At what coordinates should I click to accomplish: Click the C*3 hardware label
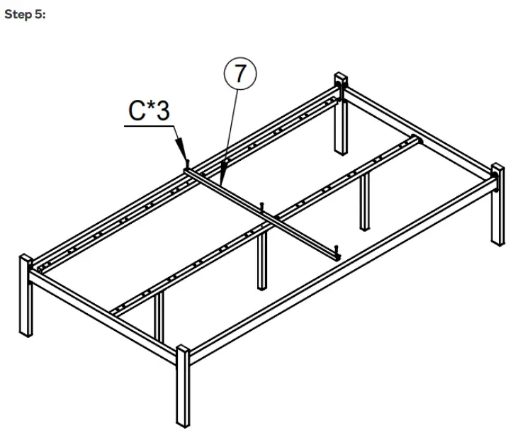coord(149,111)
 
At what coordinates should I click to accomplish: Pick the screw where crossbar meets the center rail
coord(263,207)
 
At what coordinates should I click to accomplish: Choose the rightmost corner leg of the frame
coord(497,205)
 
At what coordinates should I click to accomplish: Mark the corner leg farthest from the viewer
coord(341,117)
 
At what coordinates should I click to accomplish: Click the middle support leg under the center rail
coord(263,262)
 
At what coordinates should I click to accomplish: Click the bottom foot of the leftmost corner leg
coord(27,333)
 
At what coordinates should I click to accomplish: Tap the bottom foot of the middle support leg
coord(263,288)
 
